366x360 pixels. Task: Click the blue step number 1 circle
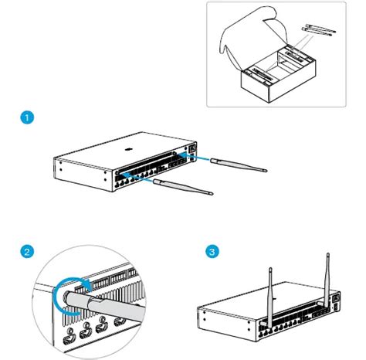(x=27, y=118)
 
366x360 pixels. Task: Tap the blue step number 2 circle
(x=27, y=252)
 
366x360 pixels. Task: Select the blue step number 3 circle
(x=212, y=252)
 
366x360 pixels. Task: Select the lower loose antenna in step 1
(x=183, y=186)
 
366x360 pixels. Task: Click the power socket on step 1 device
(x=192, y=151)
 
